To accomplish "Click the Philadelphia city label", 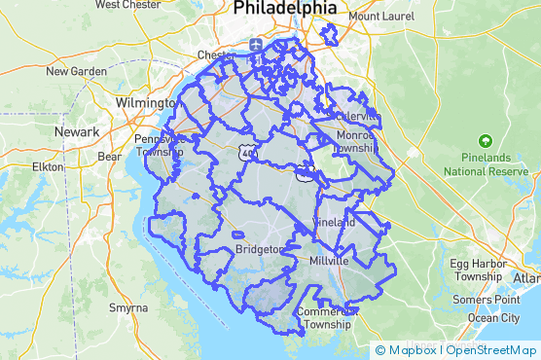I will [x=285, y=9].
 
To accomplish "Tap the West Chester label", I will [x=128, y=5].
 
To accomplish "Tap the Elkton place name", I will [x=47, y=167].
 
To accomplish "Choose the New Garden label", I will [x=77, y=71].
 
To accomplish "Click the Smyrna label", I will [x=128, y=307].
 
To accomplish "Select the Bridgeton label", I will [x=259, y=250].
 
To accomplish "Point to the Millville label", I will [x=328, y=263].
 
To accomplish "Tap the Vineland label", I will [x=336, y=222].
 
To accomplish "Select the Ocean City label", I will [x=494, y=318].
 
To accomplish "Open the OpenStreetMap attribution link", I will [x=493, y=350].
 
